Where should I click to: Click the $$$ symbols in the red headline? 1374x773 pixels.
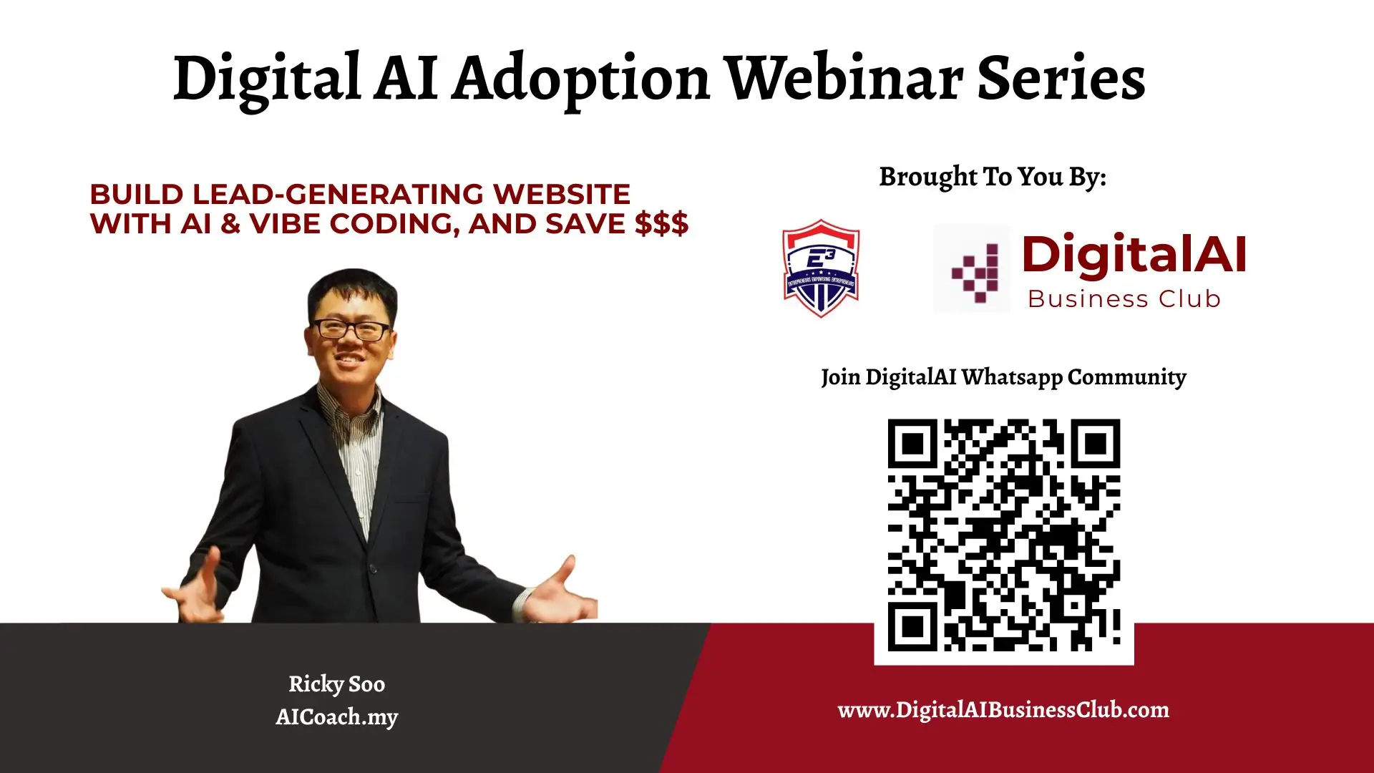661,223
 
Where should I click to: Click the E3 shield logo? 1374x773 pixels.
821,268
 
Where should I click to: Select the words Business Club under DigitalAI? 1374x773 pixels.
1124,298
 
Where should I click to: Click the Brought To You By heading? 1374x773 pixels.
993,177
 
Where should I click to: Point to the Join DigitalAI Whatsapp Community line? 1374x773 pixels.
1003,377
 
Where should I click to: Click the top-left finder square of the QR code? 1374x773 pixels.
912,444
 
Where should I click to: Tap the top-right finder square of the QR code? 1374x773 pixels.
1096,444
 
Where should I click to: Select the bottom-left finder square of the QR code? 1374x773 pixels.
912,627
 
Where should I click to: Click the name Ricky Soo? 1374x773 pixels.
336,684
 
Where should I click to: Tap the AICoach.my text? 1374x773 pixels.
336,716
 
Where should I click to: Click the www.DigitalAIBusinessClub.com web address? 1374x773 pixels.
1003,710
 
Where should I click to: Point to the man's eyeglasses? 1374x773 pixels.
351,330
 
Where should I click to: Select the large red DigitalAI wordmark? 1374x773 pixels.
1134,254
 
